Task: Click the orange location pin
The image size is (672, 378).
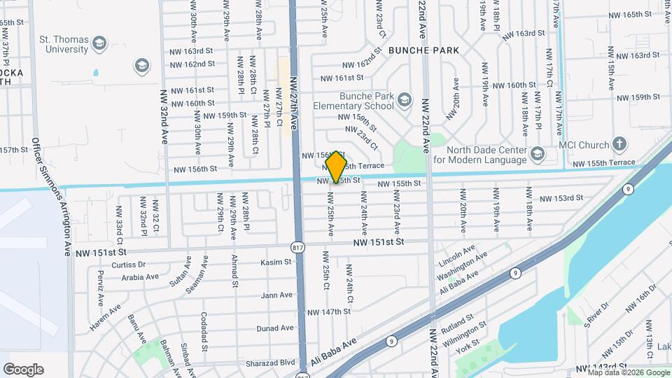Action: tap(337, 166)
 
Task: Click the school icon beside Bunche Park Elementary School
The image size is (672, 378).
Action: tap(405, 101)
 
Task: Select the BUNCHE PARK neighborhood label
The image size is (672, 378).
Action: tap(423, 50)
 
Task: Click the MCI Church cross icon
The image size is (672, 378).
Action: tap(619, 145)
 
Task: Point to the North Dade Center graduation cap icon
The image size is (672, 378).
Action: tap(537, 153)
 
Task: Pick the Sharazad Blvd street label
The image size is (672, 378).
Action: tap(270, 363)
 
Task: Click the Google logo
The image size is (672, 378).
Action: tap(23, 369)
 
